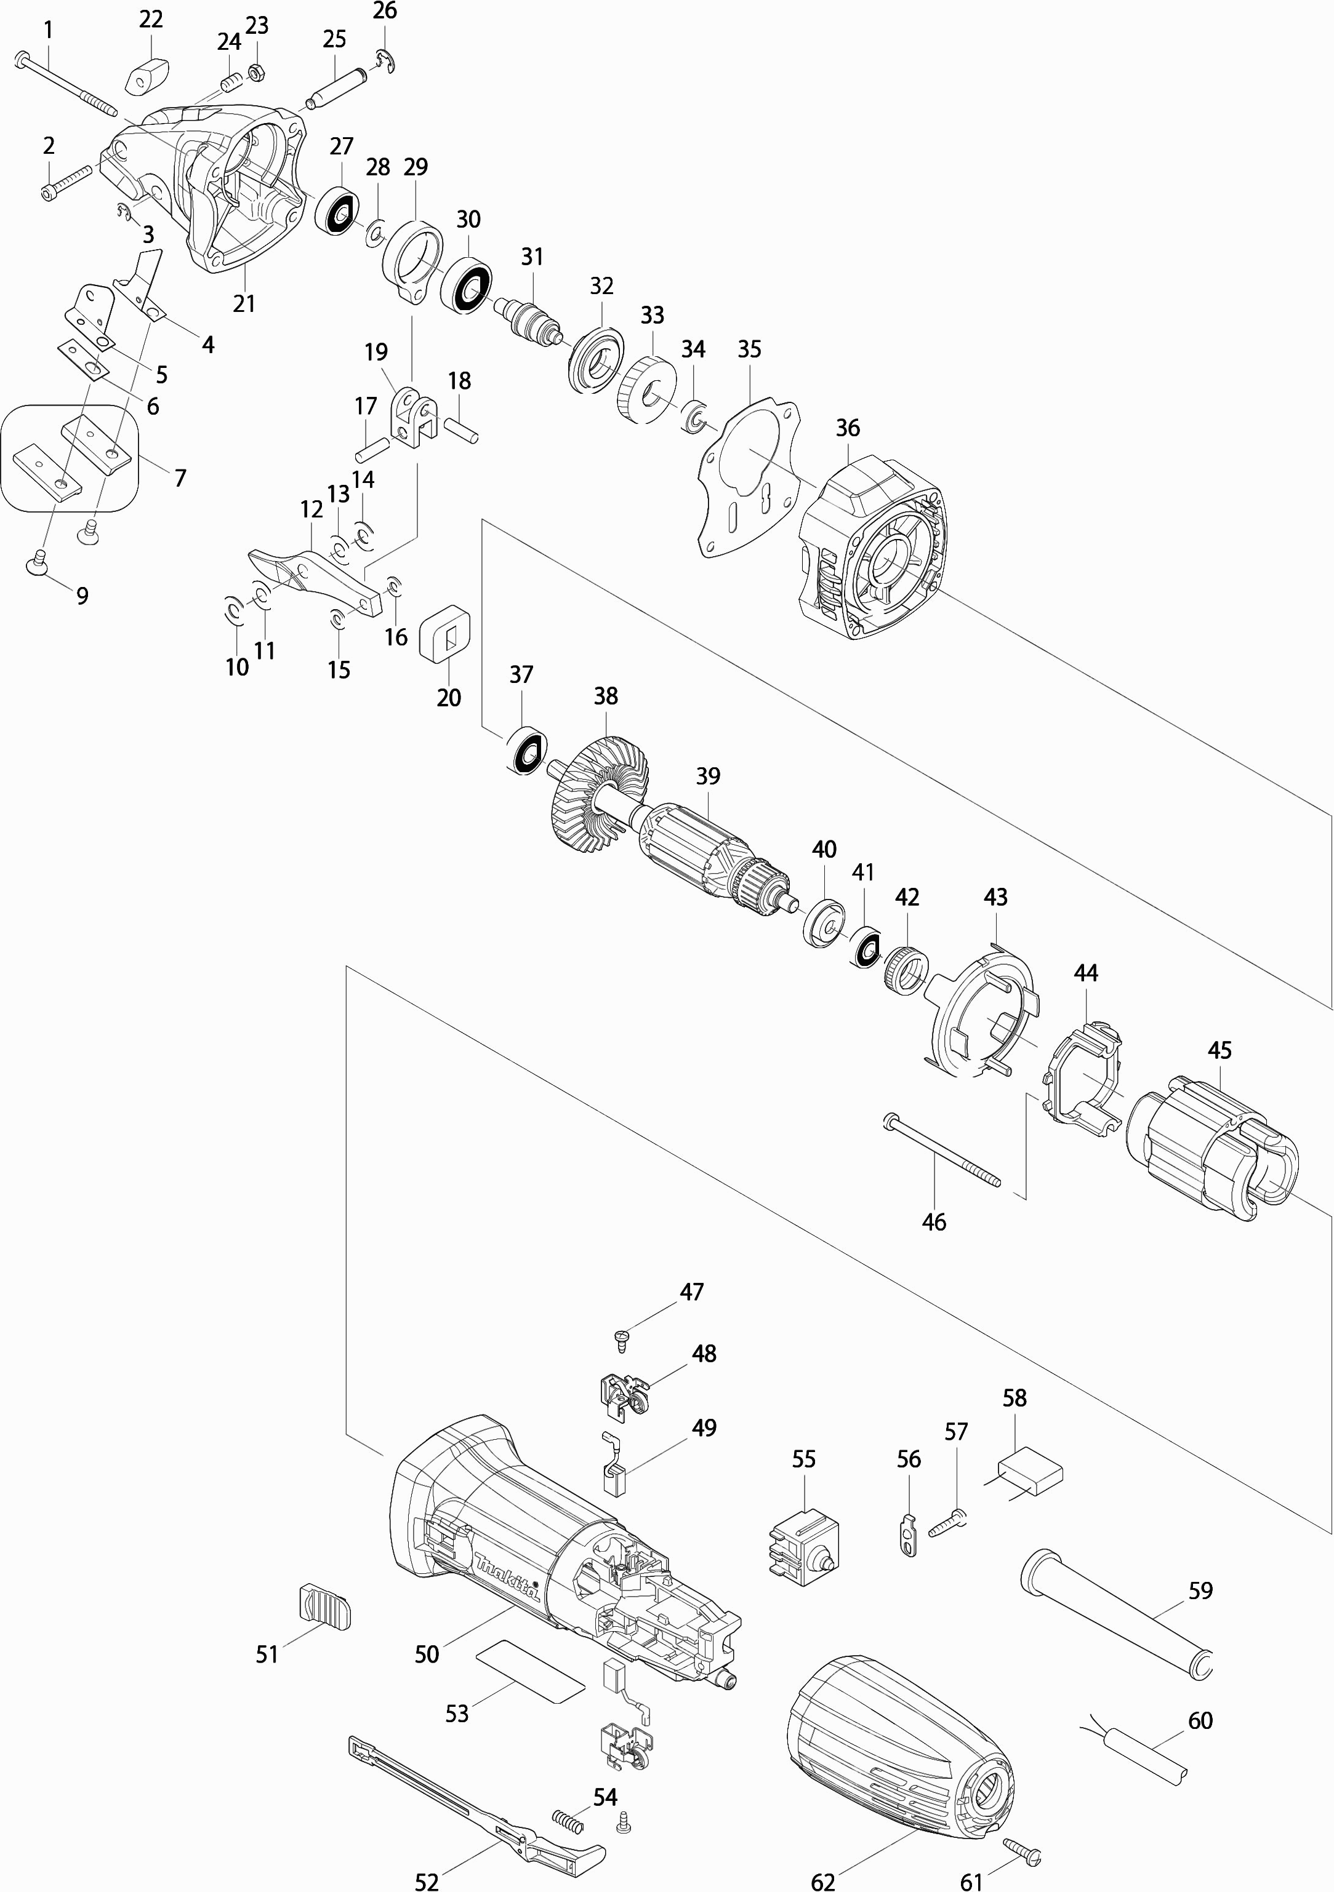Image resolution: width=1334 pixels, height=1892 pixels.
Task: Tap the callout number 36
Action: click(x=848, y=428)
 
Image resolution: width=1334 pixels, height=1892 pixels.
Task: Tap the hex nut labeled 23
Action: click(x=255, y=73)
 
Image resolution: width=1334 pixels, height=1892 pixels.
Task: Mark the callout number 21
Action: click(x=244, y=303)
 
